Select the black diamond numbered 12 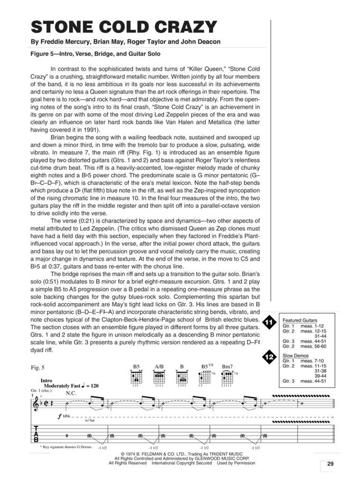click(269, 356)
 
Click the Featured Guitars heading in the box click(300, 320)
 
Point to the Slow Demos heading click(296, 355)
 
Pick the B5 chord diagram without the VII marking click(136, 377)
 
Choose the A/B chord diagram click(159, 377)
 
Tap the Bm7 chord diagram click(227, 377)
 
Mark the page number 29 click(330, 465)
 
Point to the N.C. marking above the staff click(71, 393)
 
